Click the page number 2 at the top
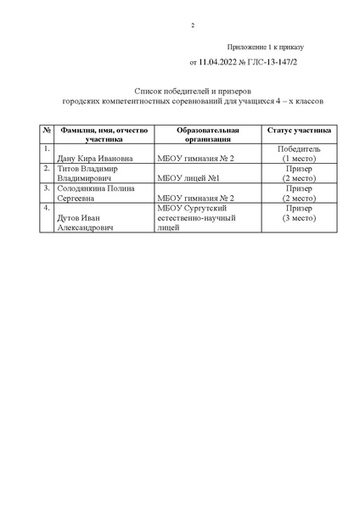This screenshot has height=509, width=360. [193, 25]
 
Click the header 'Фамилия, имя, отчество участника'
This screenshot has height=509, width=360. [104, 134]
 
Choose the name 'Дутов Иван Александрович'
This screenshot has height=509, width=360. [93, 223]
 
